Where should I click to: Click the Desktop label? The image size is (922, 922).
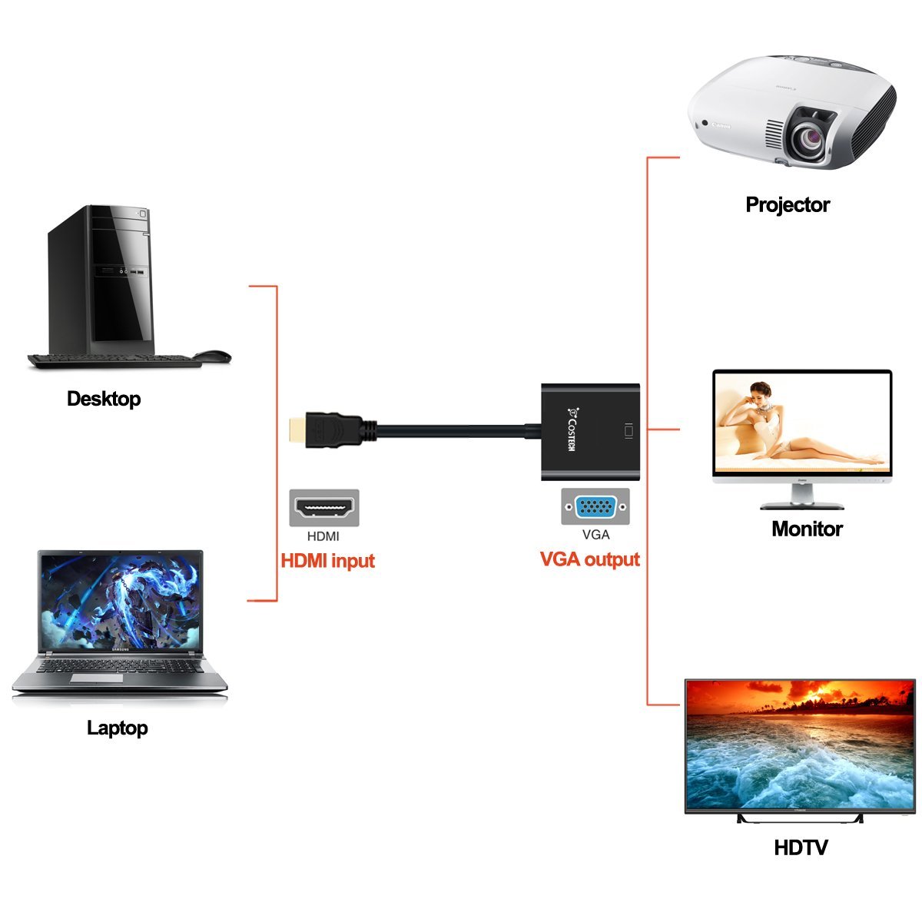click(104, 399)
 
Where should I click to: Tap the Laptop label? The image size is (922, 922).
click(117, 728)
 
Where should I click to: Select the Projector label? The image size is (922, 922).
click(788, 204)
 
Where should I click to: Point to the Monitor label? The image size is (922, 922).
click(807, 529)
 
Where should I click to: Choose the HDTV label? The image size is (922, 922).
click(801, 847)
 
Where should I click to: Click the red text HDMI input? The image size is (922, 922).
click(327, 560)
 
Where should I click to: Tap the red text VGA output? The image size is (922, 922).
click(590, 559)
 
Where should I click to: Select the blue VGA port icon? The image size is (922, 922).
click(595, 508)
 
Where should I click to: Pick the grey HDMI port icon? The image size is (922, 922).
click(323, 508)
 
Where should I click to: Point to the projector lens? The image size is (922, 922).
click(811, 137)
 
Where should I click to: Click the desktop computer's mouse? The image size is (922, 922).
click(212, 357)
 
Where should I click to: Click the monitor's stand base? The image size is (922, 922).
click(801, 506)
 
